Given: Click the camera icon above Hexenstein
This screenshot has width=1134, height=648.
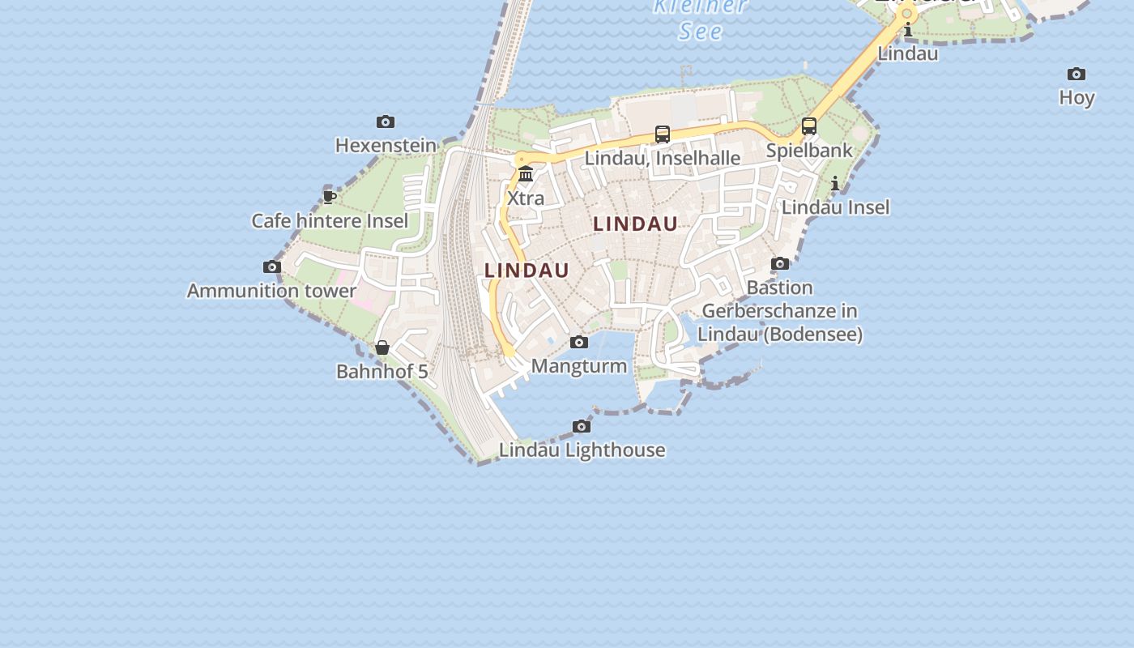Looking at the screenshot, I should (386, 122).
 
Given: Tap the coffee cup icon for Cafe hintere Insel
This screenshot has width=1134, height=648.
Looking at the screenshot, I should (329, 197).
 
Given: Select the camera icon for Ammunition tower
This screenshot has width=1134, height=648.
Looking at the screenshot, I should (272, 267).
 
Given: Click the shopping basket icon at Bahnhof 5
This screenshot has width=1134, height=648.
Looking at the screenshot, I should (382, 348).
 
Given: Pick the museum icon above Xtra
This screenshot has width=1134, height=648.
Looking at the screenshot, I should (526, 174).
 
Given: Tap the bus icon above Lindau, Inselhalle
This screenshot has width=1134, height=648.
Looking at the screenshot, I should (663, 134).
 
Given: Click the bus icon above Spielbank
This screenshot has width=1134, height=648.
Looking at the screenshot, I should (809, 126).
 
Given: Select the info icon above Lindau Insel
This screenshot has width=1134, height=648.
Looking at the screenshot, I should (835, 185).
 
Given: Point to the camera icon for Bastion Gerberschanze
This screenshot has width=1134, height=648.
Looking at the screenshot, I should (780, 264).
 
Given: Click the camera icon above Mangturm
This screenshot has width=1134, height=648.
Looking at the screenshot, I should (579, 343).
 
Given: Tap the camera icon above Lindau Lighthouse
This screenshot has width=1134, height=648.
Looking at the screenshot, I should (582, 427).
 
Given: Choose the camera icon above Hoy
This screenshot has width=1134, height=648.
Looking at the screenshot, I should (1076, 75).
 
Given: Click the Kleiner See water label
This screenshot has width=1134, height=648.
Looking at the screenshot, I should (701, 18).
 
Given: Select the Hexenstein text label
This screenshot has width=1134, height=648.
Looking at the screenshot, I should (386, 146).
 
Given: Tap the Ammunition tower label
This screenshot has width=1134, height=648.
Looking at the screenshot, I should (271, 291).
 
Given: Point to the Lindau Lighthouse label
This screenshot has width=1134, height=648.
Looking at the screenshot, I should (582, 450).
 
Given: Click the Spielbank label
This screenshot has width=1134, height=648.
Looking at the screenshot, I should (809, 151).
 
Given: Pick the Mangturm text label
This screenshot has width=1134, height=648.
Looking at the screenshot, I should (578, 366).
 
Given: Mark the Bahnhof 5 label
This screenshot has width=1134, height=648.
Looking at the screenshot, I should (382, 372).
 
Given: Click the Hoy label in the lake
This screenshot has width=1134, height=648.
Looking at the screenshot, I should (1076, 98).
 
